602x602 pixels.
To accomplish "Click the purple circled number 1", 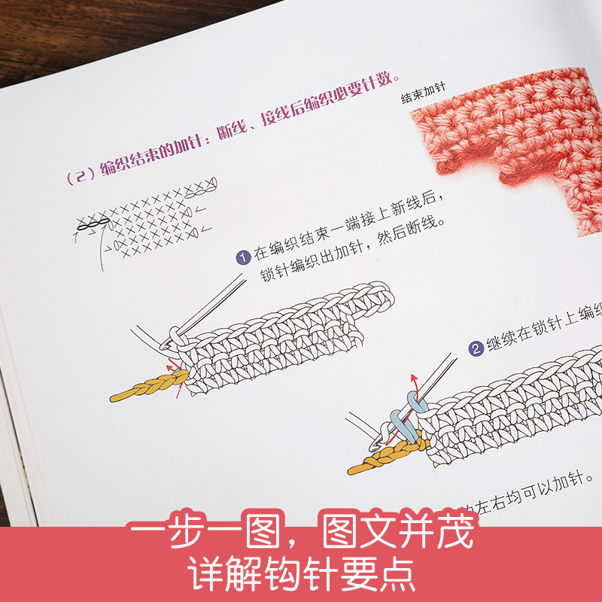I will point(243,258).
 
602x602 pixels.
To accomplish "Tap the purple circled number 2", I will point(476,348).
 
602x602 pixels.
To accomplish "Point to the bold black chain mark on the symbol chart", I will point(90,223).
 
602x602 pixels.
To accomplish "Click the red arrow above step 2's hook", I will point(412,381).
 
